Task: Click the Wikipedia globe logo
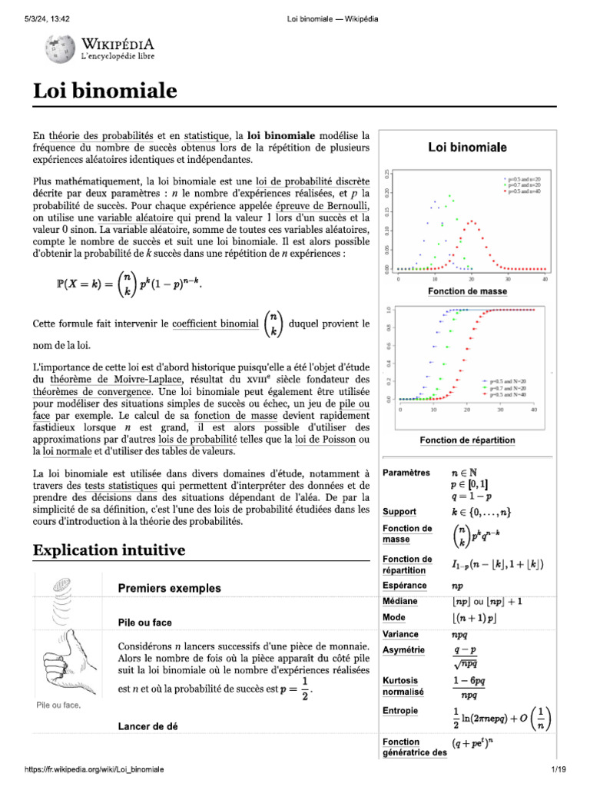coord(58,51)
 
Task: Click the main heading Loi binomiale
coord(105,91)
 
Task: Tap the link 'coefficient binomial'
coord(215,324)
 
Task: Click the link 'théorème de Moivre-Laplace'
coord(116,379)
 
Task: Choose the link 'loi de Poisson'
coord(330,439)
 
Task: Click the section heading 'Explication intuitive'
coord(108,550)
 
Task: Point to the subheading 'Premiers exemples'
coord(169,588)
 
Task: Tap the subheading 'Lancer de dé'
coord(149,726)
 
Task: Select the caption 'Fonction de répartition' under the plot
coord(467,440)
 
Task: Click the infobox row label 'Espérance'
coord(404,585)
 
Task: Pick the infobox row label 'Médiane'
coord(400,600)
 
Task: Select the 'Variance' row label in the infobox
coord(400,634)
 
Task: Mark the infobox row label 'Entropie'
coord(400,711)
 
